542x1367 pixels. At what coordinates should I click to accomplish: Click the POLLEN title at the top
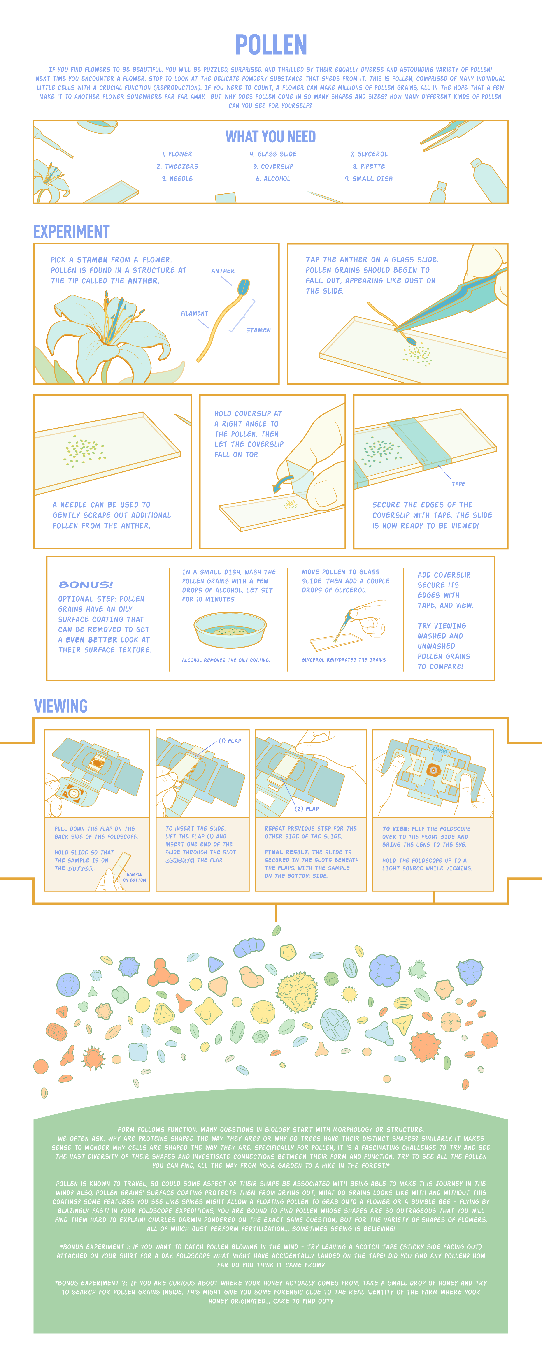(x=271, y=45)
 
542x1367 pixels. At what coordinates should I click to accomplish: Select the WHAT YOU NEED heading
(x=271, y=137)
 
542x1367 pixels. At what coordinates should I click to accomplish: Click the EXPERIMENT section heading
(x=72, y=232)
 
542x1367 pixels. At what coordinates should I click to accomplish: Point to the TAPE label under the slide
(x=459, y=484)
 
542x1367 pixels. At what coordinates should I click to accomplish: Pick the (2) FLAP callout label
(x=307, y=809)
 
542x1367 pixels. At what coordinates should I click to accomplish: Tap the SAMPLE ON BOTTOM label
(x=134, y=877)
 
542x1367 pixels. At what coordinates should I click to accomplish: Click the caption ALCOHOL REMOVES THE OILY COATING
(x=226, y=660)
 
